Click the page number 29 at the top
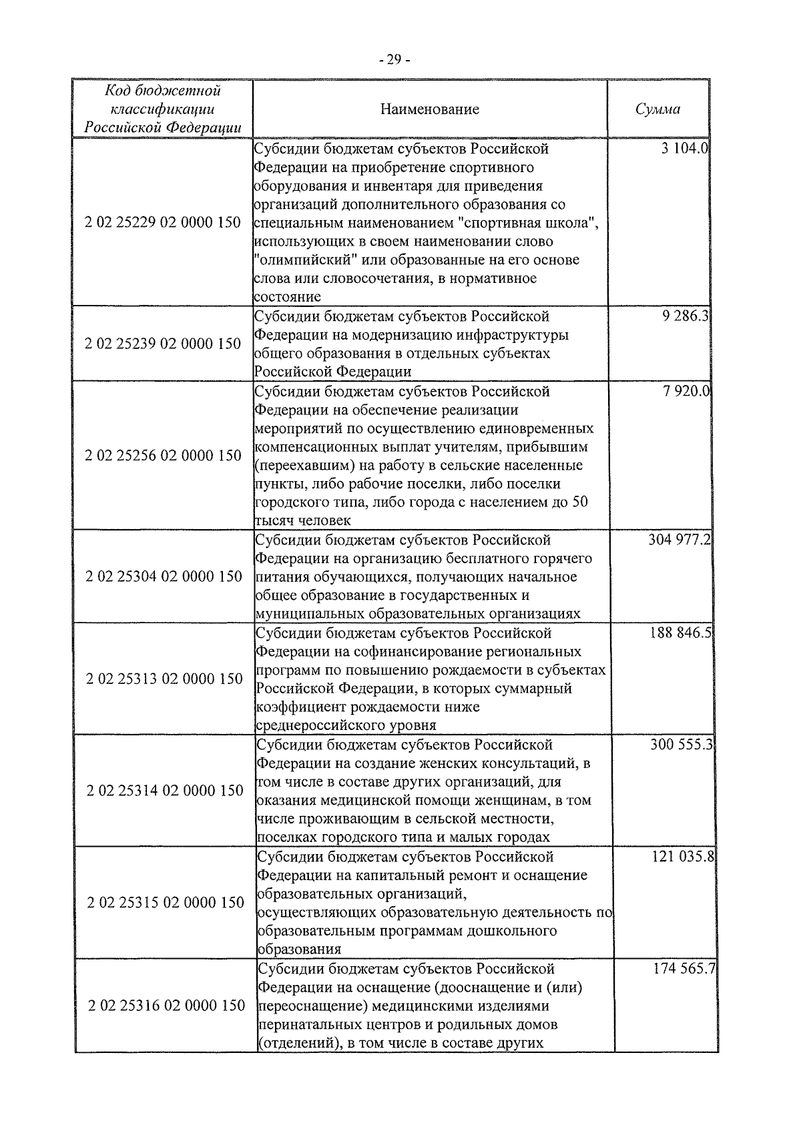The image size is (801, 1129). coord(394,60)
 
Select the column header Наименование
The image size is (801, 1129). coord(430,109)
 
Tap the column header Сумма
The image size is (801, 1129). coord(657,109)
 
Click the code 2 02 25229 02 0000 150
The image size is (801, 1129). coord(164,222)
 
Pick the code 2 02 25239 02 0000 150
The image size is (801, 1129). coord(164,344)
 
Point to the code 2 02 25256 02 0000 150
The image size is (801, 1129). coord(164,456)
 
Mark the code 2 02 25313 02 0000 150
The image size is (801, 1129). coord(164,679)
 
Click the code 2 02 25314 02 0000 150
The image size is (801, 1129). coord(165,791)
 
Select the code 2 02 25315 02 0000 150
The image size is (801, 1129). coord(166,902)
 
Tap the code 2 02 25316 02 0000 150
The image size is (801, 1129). coord(166,1005)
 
